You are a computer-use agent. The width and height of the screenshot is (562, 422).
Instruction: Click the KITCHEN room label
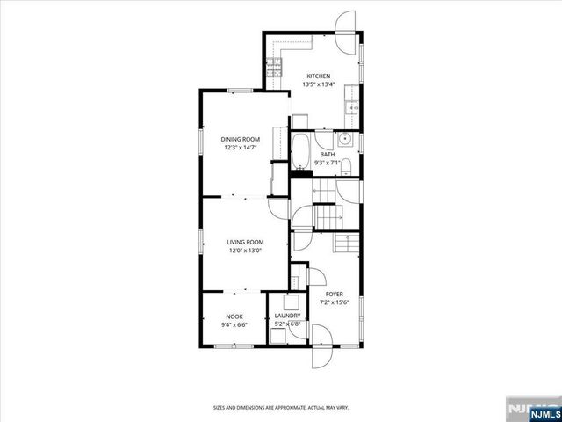pyautogui.click(x=317, y=76)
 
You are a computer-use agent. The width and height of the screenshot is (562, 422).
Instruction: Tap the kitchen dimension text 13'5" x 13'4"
pyautogui.click(x=317, y=84)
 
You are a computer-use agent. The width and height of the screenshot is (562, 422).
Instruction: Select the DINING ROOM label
pyautogui.click(x=240, y=139)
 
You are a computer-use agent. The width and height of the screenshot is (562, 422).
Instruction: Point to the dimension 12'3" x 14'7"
pyautogui.click(x=240, y=148)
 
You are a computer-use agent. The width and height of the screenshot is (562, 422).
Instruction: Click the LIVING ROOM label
pyautogui.click(x=245, y=242)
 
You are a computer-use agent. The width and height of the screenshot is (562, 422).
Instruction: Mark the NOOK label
pyautogui.click(x=234, y=316)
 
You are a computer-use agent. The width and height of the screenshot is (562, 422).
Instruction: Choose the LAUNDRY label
pyautogui.click(x=287, y=316)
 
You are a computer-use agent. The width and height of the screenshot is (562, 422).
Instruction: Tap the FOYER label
pyautogui.click(x=335, y=294)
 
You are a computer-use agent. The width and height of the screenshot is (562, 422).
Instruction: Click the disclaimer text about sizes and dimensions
pyautogui.click(x=280, y=407)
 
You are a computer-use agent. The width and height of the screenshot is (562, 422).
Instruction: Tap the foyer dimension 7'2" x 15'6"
pyautogui.click(x=335, y=302)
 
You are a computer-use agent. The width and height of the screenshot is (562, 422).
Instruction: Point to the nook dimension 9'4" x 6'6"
pyautogui.click(x=234, y=324)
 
